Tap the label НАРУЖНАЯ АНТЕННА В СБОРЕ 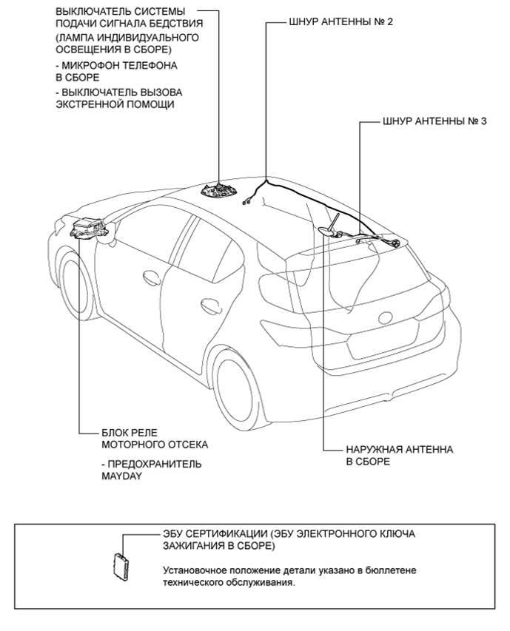(x=389, y=455)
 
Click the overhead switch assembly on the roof (x=220, y=190)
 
